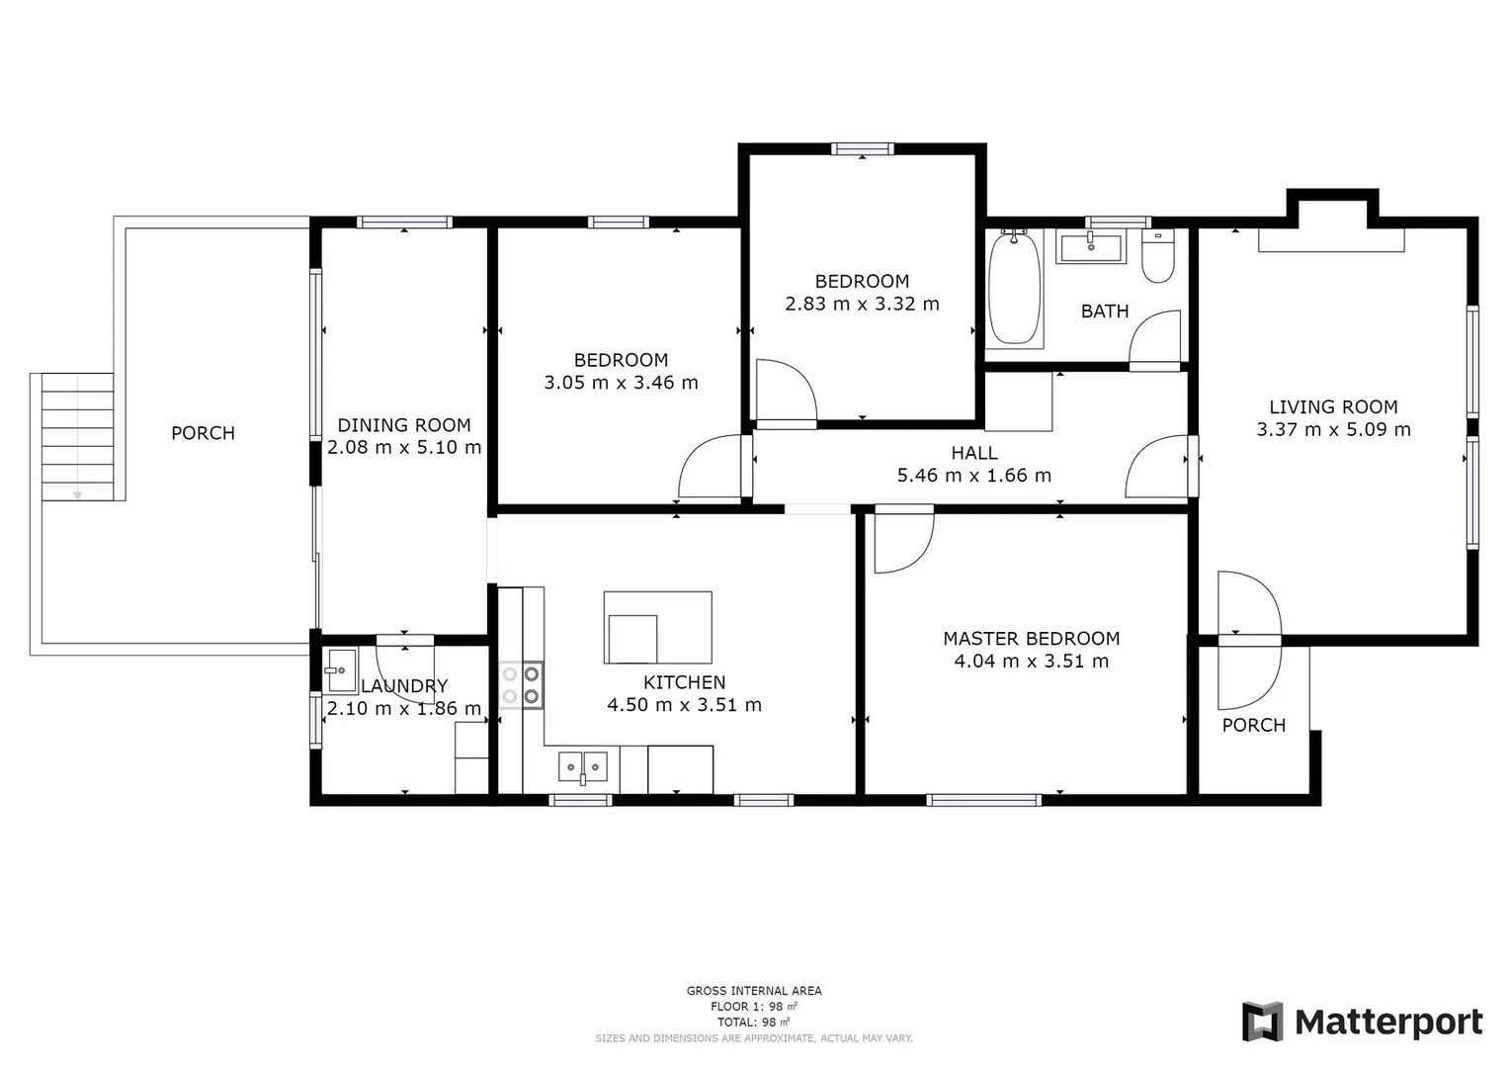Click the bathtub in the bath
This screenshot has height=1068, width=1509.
point(1015,288)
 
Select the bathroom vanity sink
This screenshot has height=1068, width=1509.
point(1090,247)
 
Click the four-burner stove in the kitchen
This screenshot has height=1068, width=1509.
point(521,684)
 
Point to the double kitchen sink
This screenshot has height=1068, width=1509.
point(583,766)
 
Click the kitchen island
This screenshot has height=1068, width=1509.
point(657,627)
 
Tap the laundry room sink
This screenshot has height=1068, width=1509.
point(341,671)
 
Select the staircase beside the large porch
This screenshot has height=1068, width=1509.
point(77,437)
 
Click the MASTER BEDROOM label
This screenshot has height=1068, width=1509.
point(1031,639)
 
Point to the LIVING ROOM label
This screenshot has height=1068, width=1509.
point(1333,406)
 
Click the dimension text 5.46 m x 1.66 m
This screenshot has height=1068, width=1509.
point(973,476)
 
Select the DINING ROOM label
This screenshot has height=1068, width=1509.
point(404,425)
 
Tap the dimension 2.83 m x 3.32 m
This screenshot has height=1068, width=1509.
point(862,305)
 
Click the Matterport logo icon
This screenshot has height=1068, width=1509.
point(1262,1022)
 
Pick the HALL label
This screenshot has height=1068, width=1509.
point(974,453)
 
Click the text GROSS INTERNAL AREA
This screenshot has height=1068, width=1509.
point(754,991)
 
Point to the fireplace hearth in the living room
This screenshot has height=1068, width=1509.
point(1331,239)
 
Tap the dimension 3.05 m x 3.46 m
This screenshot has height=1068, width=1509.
point(621,383)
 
